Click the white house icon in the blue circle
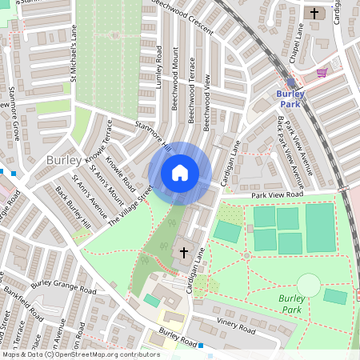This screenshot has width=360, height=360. [180, 173]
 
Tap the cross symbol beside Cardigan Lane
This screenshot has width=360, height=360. [183, 253]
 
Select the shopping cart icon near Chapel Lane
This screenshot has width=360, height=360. [322, 72]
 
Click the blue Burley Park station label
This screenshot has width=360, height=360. [290, 98]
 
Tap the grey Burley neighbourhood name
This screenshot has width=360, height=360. [63, 160]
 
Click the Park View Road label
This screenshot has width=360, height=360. [278, 194]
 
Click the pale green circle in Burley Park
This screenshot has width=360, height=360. [308, 284]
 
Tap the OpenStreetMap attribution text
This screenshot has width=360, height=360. [80, 354]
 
